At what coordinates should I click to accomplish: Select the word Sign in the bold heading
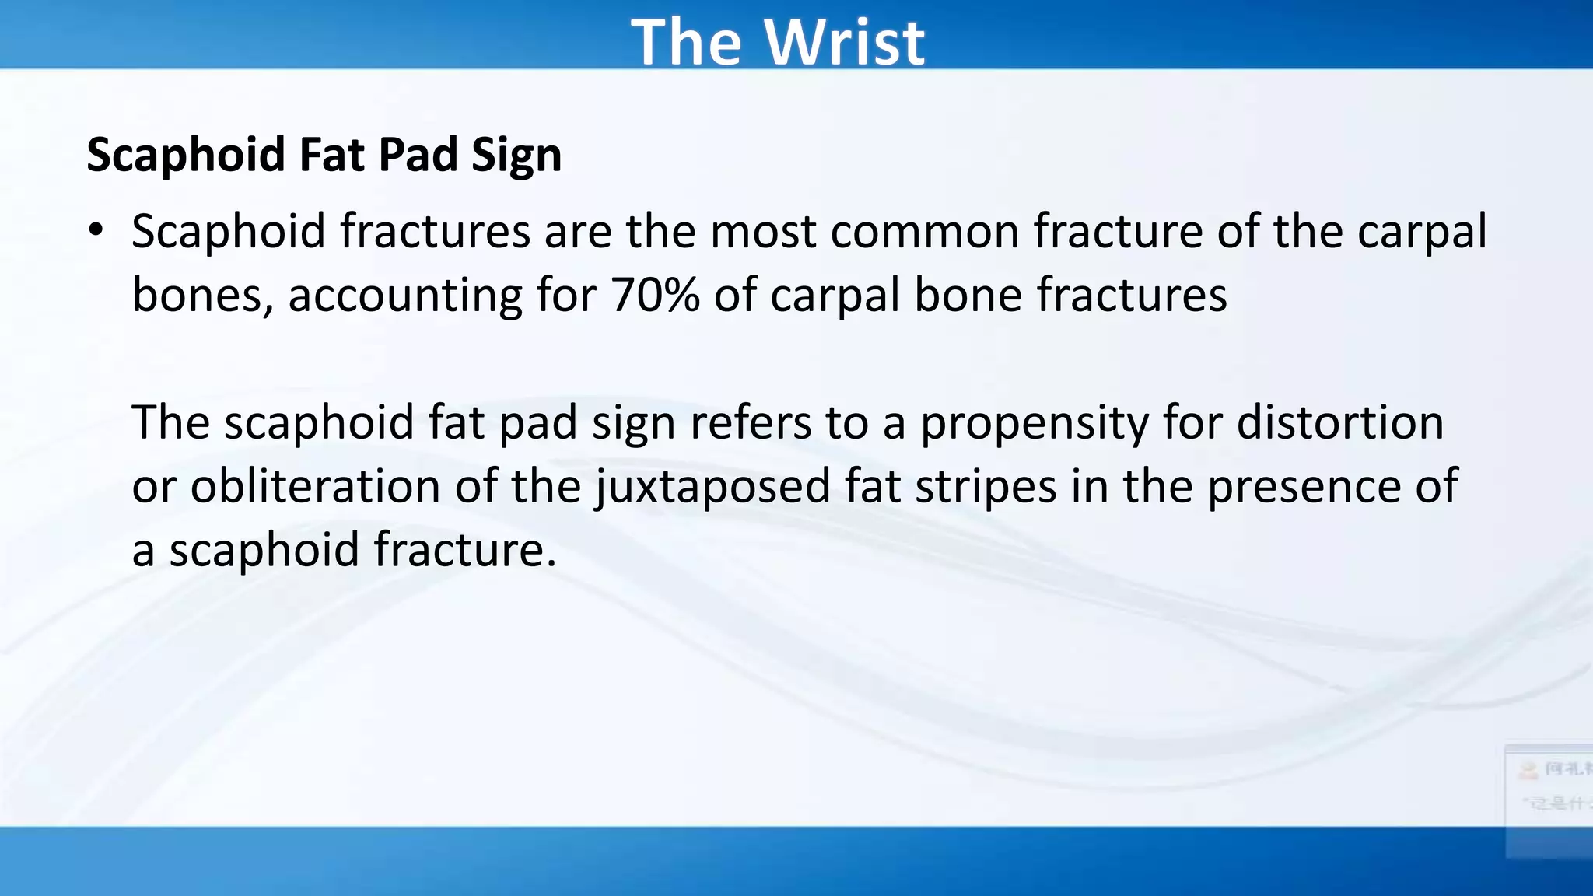(x=516, y=155)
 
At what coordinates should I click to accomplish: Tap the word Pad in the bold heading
(x=418, y=155)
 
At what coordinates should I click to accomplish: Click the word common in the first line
(x=924, y=232)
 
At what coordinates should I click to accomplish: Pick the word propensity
(x=1035, y=423)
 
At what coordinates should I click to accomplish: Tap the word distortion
(x=1339, y=423)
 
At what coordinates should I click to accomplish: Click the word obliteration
(x=315, y=487)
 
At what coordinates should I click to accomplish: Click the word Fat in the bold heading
(x=332, y=155)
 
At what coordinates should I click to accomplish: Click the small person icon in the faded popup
(x=1529, y=770)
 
